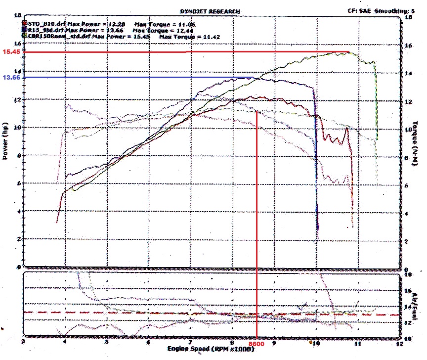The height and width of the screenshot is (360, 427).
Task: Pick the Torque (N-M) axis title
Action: [x=418, y=143]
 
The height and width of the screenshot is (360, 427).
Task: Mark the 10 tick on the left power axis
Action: [x=19, y=128]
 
